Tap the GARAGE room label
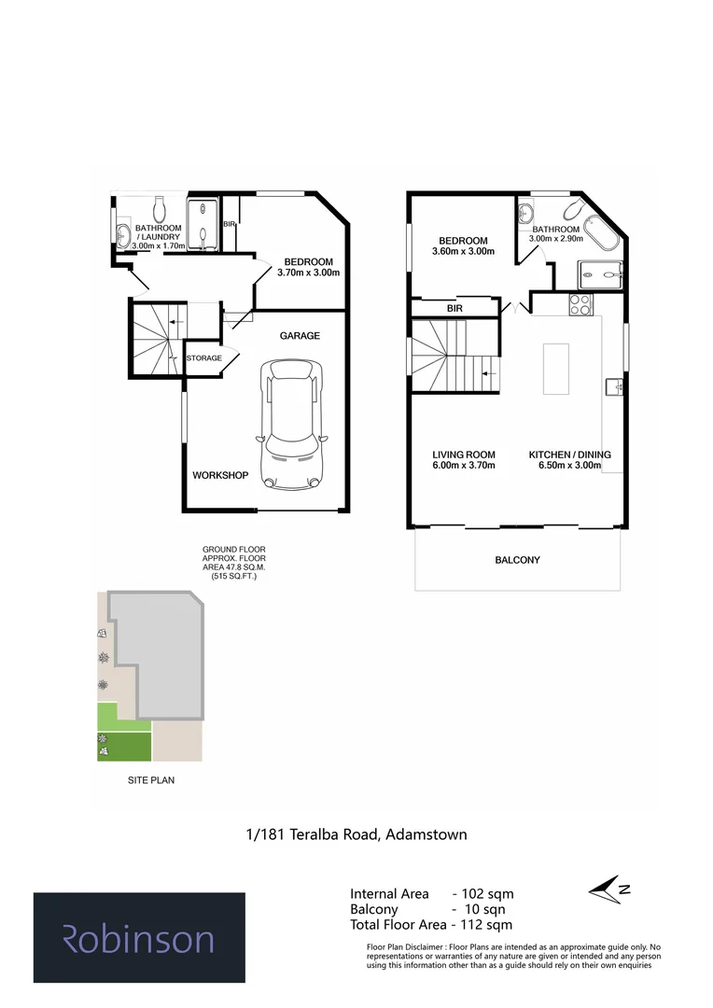tap(299, 336)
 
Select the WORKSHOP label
tap(220, 475)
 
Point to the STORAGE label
tap(204, 358)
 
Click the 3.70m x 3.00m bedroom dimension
tap(308, 273)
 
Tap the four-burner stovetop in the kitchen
tap(579, 303)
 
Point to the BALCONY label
tap(517, 560)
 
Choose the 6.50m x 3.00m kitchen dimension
tap(569, 465)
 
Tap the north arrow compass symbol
tap(611, 889)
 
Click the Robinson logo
tap(139, 938)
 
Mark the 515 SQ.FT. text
tap(229, 578)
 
